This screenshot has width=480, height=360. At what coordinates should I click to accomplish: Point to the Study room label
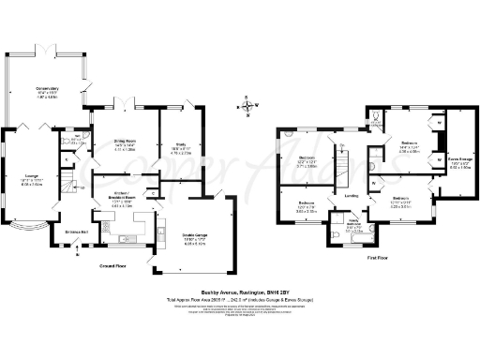[170, 145]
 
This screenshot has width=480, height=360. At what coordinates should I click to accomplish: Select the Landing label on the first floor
[352, 196]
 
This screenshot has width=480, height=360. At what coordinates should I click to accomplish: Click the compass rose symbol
[247, 105]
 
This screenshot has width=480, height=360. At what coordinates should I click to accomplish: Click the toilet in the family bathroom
[334, 235]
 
